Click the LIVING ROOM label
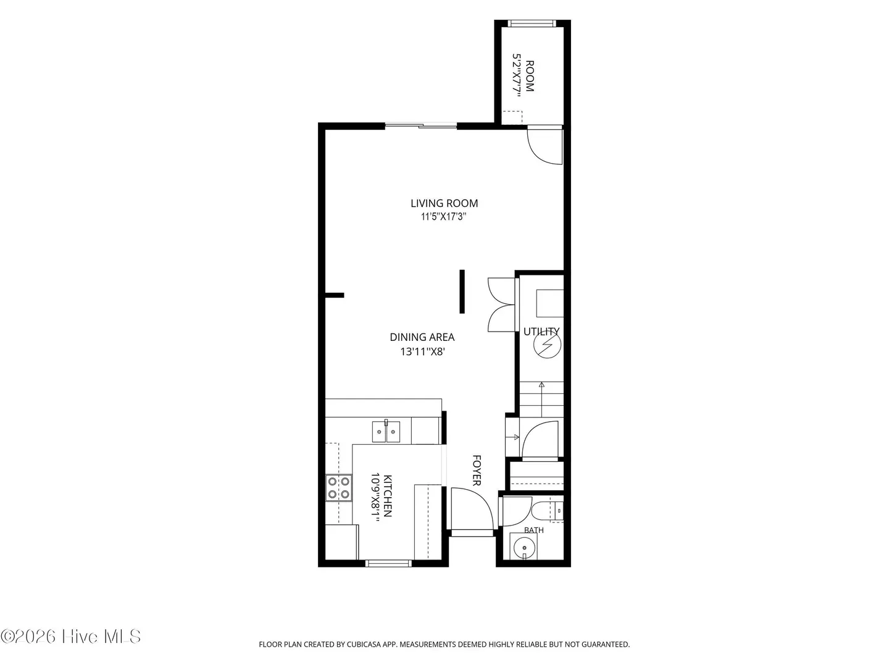click(x=444, y=203)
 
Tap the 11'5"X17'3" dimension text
click(x=443, y=217)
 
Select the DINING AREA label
click(x=422, y=337)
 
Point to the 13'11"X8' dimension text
click(x=423, y=351)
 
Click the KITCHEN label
click(x=388, y=496)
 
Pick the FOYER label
click(x=477, y=471)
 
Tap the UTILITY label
click(x=541, y=332)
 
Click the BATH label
click(x=534, y=530)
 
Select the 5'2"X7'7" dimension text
click(x=516, y=76)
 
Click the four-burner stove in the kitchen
click(x=338, y=488)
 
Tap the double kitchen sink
click(x=386, y=432)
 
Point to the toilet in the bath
click(x=548, y=511)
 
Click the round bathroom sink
click(x=525, y=548)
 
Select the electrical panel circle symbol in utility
click(x=547, y=345)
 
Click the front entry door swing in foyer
click(x=472, y=509)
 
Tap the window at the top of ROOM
click(x=532, y=23)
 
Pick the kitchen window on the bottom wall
click(x=388, y=563)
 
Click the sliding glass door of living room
click(x=421, y=126)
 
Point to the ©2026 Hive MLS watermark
click(x=71, y=637)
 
